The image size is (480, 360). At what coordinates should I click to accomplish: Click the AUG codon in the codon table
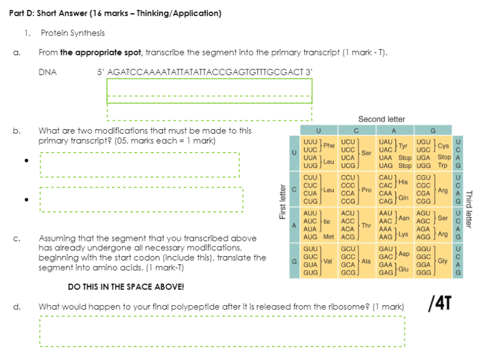(310, 237)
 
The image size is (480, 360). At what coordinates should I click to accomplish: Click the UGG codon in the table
(424, 165)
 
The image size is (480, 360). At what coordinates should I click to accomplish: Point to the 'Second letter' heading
(382, 119)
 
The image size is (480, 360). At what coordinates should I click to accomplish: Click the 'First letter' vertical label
(283, 202)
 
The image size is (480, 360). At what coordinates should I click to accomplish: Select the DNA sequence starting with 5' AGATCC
(205, 72)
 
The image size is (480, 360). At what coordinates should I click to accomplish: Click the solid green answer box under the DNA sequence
(209, 90)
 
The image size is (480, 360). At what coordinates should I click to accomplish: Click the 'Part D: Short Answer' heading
(115, 13)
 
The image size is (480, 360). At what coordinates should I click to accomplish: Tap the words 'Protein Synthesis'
(73, 33)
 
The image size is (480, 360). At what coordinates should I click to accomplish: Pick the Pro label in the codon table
(367, 190)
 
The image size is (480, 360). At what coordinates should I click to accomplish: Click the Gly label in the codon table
(443, 260)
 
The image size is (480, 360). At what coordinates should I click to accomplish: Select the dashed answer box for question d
(222, 331)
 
